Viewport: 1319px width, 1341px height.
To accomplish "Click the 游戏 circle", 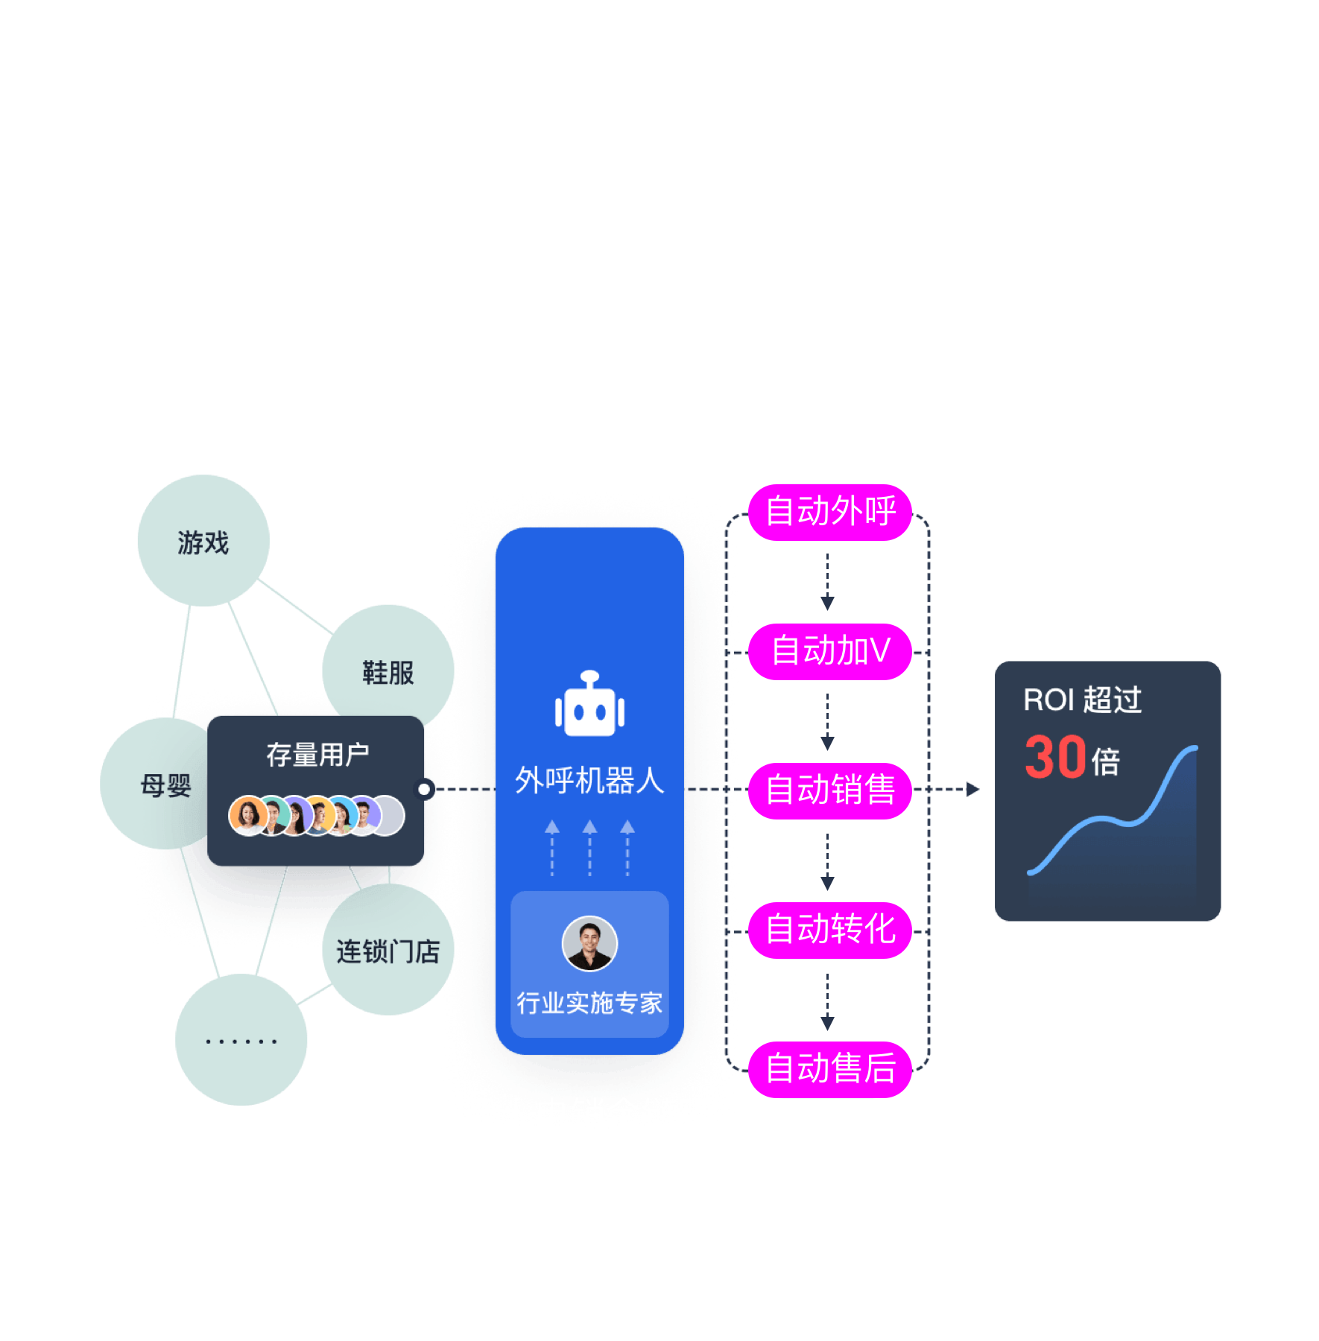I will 203,542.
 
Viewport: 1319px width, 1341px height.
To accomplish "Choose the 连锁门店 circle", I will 388,951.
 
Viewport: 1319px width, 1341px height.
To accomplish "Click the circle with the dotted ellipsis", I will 241,1040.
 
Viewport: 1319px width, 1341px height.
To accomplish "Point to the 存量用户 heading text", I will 317,755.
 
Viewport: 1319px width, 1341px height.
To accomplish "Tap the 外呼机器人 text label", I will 589,780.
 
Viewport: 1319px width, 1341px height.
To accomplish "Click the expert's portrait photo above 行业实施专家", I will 589,943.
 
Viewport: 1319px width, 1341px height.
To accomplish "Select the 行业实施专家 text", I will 589,1003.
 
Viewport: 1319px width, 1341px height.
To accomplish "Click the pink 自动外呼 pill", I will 830,512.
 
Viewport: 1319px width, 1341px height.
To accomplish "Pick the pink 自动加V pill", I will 830,651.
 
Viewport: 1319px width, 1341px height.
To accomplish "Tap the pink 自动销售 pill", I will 830,790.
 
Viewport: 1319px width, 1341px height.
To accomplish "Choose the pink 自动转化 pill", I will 830,930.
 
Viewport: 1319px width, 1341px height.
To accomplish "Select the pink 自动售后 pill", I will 830,1069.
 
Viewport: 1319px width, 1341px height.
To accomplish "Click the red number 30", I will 1055,758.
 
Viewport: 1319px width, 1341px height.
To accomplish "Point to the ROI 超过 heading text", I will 1082,700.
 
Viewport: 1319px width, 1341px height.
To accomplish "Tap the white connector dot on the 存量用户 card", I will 424,789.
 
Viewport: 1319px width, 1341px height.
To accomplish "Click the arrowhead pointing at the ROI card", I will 972,789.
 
